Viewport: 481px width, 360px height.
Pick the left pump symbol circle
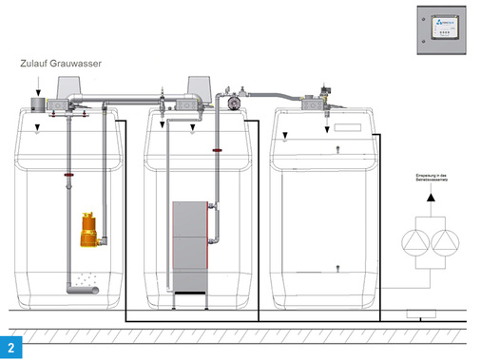coord(415,243)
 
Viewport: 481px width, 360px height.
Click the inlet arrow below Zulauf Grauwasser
coord(37,87)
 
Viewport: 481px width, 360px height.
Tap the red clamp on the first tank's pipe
coord(67,176)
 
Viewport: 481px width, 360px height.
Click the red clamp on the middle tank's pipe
coord(218,149)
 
